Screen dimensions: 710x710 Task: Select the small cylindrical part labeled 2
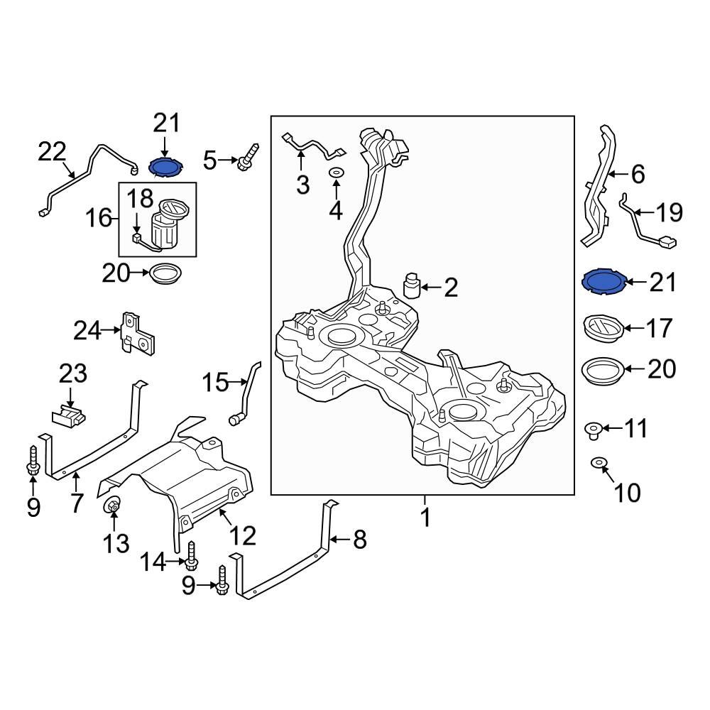click(411, 285)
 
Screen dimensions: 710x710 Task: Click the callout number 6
click(637, 174)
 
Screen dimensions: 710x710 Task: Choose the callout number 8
click(359, 541)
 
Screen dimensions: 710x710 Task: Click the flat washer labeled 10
click(600, 464)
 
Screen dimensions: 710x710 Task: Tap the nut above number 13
click(112, 506)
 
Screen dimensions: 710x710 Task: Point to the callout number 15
click(215, 383)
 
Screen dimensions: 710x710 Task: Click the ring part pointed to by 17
click(603, 328)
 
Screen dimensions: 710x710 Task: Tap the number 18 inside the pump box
click(140, 198)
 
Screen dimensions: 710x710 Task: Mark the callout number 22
click(52, 151)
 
